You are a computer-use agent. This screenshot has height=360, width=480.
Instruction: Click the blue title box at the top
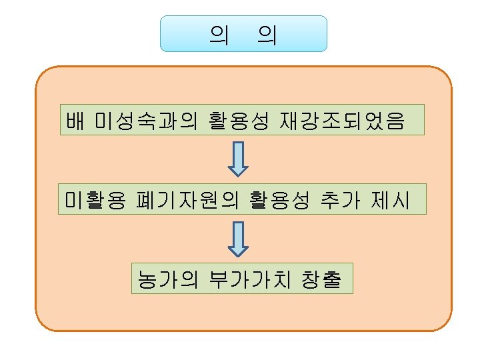(243, 33)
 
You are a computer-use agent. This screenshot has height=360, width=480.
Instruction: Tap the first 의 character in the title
(218, 34)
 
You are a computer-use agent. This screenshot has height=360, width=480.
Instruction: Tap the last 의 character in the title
(267, 34)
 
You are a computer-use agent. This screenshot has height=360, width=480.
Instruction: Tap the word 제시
(391, 199)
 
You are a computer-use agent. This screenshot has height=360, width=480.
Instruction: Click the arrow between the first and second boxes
(238, 160)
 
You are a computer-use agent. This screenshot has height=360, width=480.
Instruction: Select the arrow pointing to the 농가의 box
(238, 239)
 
